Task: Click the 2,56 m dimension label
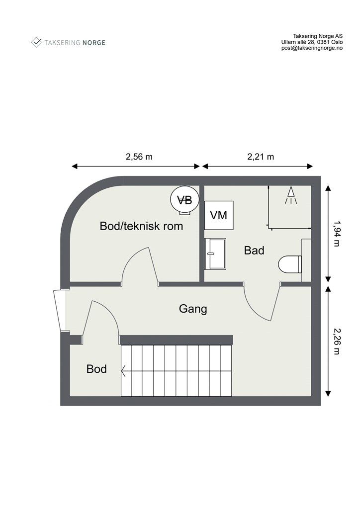(139, 156)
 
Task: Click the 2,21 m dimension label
(261, 156)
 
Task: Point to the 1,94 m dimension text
(337, 234)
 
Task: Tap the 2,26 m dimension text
(337, 341)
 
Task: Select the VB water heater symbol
(184, 200)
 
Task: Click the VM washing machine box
(219, 215)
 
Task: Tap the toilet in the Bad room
(289, 264)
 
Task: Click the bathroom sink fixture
(215, 254)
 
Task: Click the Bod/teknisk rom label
(141, 226)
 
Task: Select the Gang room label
(192, 309)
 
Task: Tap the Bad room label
(254, 251)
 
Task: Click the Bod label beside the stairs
(96, 369)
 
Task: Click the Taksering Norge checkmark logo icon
(36, 42)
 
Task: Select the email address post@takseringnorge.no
(312, 49)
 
